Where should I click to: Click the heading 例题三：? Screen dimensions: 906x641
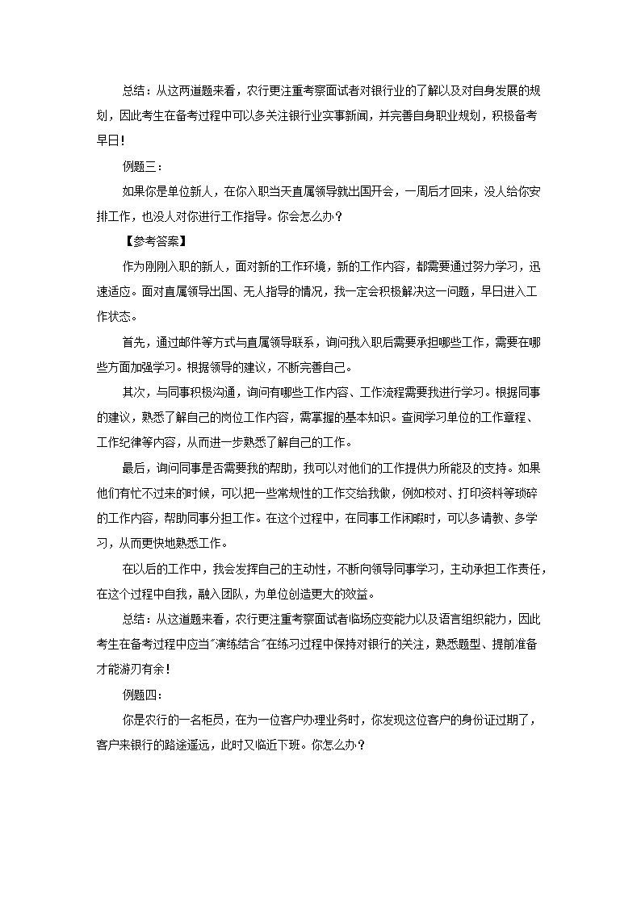point(141,166)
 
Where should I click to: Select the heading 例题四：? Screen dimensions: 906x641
point(141,693)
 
